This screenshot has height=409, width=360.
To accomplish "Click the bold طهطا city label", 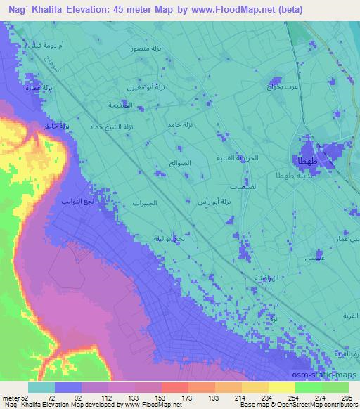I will [x=307, y=161].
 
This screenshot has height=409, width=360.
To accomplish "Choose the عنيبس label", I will [x=308, y=260].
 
